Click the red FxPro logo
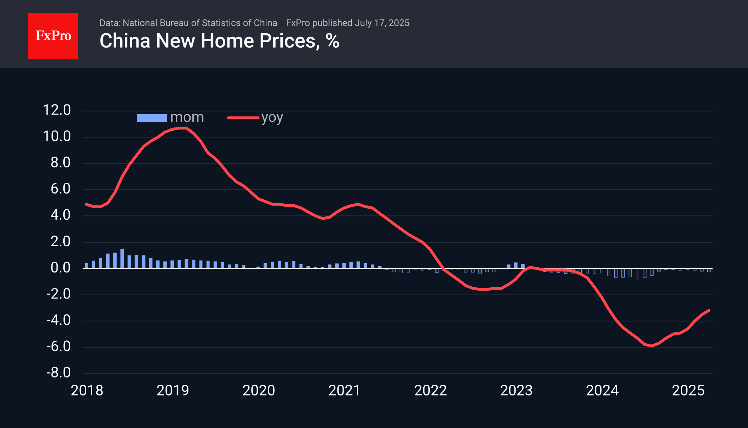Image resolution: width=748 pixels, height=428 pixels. pos(53,36)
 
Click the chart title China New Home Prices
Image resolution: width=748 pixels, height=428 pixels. pos(219,41)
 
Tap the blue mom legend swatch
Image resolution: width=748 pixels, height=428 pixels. pos(152,118)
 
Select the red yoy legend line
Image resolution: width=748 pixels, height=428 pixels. pos(243,118)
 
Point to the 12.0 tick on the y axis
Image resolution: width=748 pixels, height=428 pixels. pos(57,110)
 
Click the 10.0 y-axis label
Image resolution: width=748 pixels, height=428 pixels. pos(57,136)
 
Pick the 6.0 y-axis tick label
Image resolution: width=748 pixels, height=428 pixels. pos(60,189)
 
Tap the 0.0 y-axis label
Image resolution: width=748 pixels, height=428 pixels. pos(60,268)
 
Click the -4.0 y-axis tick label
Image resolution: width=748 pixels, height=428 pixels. pos(58,320)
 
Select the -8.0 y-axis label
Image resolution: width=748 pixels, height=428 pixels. pos(58,373)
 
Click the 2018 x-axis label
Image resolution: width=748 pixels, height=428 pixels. pos(87,390)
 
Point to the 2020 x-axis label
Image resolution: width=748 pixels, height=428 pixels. pos(259,390)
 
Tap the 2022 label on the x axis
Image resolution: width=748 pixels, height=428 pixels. pos(430,390)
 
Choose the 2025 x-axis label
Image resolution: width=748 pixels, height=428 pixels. pos(688,390)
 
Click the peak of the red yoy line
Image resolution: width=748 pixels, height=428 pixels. pos(183,128)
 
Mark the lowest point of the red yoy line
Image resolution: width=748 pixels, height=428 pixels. pos(652,346)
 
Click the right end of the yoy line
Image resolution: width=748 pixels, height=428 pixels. pos(709,310)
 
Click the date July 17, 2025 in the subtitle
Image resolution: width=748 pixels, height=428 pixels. pos(382,23)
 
